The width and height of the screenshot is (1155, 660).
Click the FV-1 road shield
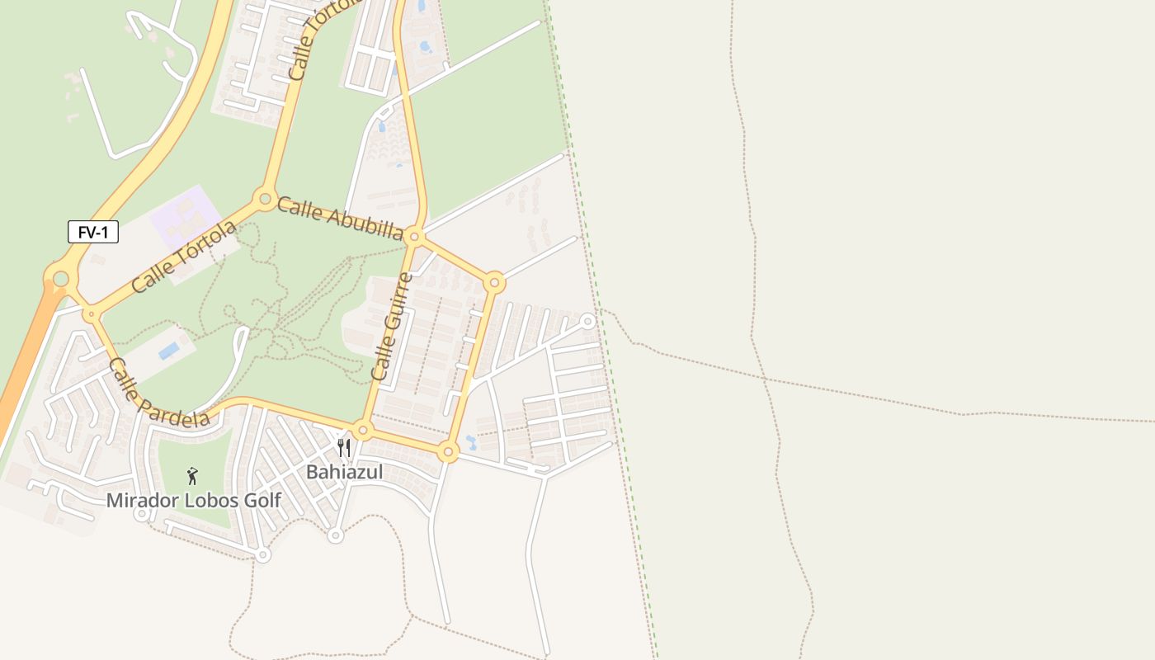(x=93, y=233)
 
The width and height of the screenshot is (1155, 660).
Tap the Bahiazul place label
(x=344, y=472)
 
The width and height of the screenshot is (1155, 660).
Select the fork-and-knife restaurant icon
(x=344, y=448)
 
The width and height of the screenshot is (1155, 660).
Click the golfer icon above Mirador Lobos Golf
(x=192, y=476)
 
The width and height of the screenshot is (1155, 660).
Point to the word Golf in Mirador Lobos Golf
(x=257, y=501)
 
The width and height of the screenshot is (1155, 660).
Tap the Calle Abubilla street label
(x=340, y=218)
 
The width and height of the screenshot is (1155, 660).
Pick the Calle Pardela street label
(x=158, y=394)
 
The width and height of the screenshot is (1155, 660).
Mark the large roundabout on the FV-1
(x=60, y=279)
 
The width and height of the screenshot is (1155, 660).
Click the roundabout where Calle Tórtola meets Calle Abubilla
(x=265, y=198)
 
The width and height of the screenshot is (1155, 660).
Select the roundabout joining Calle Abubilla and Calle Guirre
(x=415, y=238)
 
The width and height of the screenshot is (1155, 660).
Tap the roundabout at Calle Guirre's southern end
(x=362, y=430)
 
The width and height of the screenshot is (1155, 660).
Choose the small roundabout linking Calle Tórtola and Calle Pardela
(x=90, y=314)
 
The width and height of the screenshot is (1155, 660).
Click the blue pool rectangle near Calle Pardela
(x=169, y=351)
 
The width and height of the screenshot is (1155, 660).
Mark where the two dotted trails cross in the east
(x=765, y=379)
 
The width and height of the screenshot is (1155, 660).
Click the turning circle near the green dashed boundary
(x=587, y=320)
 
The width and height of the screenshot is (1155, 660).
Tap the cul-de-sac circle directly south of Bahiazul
(x=335, y=536)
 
